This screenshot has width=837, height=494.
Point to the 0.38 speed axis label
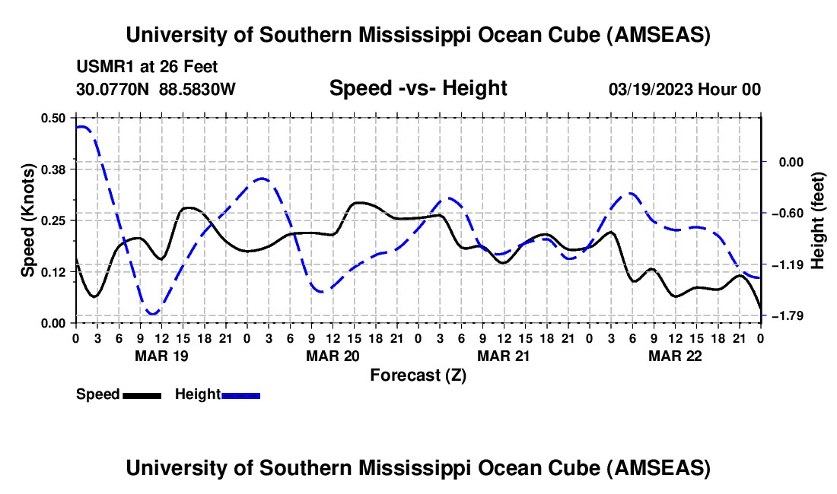[53, 169]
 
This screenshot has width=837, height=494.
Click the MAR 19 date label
[161, 356]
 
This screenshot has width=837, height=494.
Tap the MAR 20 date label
[333, 356]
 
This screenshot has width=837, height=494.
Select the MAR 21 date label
[504, 356]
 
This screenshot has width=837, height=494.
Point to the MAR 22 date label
[675, 356]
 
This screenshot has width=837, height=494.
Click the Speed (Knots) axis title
[28, 220]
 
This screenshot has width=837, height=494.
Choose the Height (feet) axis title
[819, 220]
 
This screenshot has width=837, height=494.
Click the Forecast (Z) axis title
[418, 375]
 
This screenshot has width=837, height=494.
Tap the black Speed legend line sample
[142, 395]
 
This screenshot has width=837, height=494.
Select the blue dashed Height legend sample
[241, 395]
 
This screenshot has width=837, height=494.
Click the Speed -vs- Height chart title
[418, 88]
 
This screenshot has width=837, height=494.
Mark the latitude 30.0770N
[114, 90]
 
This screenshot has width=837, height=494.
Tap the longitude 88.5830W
[197, 90]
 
